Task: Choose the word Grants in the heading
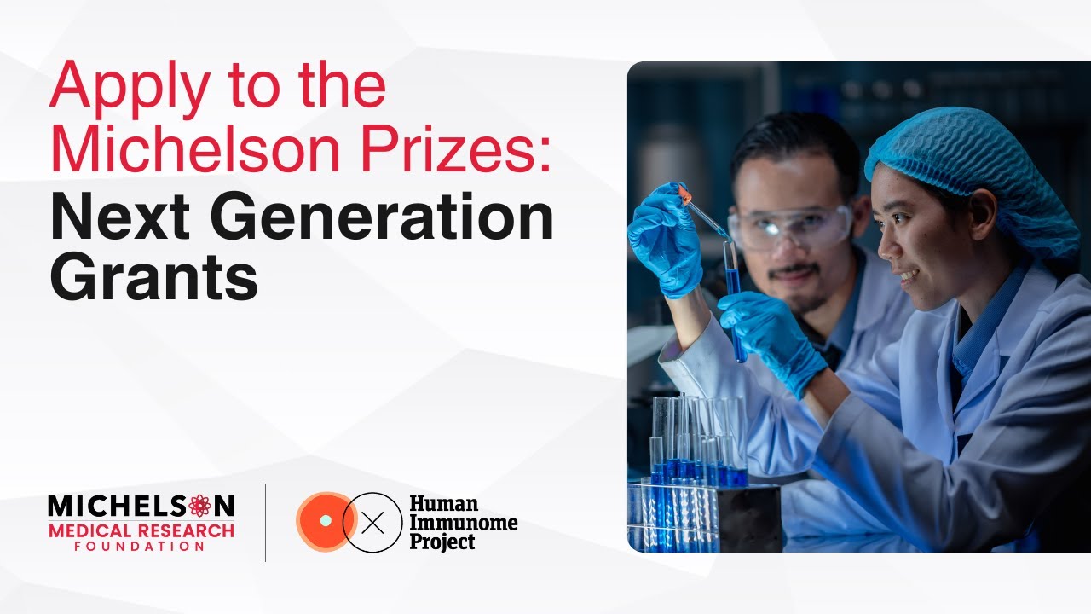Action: click(153, 279)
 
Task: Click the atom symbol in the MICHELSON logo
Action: click(199, 506)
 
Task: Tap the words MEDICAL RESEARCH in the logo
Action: click(141, 530)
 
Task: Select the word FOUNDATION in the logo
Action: click(141, 547)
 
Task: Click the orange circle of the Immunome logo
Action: click(323, 522)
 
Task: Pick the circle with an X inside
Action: click(372, 523)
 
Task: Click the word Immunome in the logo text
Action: click(463, 522)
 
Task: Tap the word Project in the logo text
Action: click(442, 541)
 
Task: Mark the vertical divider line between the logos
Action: click(266, 522)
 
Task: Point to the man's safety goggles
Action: click(788, 226)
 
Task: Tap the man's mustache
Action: click(793, 271)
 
